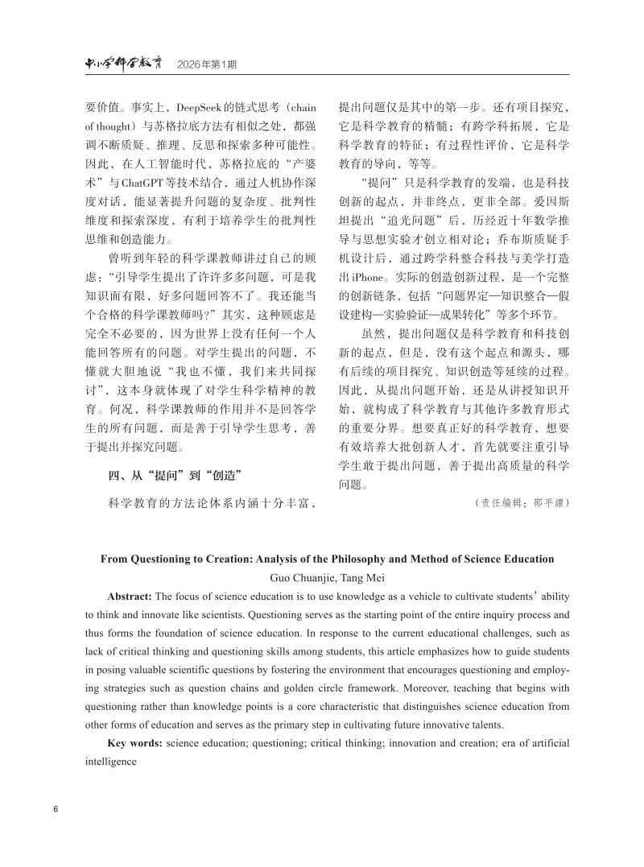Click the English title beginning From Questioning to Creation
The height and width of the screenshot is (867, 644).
tap(327, 559)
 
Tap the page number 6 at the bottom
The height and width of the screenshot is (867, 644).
tap(56, 808)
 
